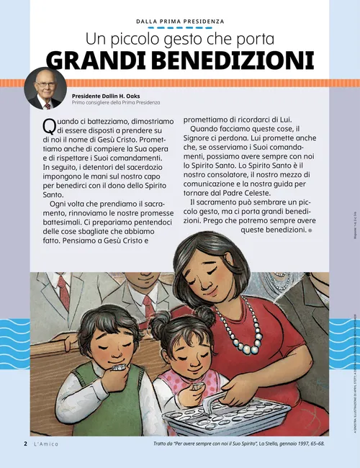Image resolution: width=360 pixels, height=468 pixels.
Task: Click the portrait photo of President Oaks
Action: pyautogui.click(x=45, y=89)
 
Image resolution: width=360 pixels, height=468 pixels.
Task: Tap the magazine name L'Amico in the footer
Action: pyautogui.click(x=46, y=444)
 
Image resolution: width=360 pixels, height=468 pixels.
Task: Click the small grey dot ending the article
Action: pyautogui.click(x=310, y=230)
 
